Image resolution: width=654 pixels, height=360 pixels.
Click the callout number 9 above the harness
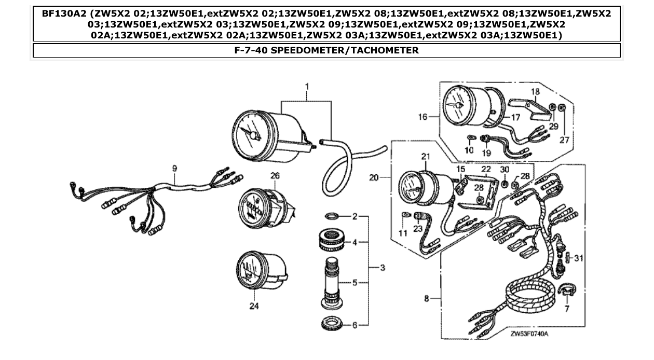174,168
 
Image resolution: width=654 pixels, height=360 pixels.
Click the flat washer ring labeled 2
333,216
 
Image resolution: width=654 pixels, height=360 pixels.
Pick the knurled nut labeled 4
333,242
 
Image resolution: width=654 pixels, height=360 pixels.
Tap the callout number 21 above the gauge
426,157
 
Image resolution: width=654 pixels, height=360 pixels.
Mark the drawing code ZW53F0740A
529,333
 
